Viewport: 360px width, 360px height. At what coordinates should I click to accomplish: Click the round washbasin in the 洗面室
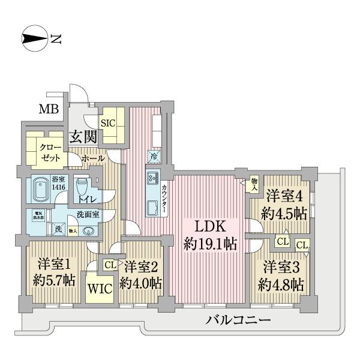pos(89,229)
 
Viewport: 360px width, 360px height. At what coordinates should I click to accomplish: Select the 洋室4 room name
pos(282,196)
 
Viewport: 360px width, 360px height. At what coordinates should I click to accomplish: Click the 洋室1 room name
pos(53,263)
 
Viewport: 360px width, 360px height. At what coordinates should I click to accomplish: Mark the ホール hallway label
pos(93,158)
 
